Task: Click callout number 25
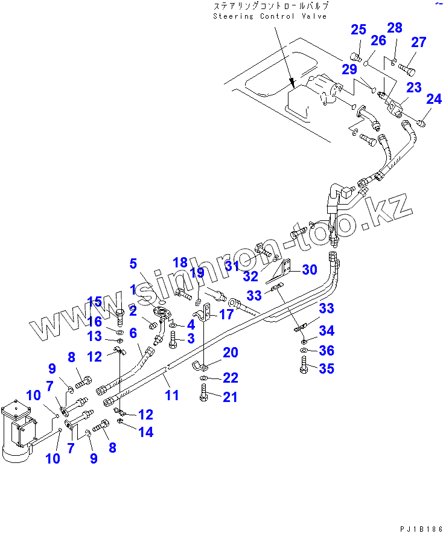(x=359, y=30)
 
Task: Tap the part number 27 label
(x=418, y=42)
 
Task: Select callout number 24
(x=434, y=98)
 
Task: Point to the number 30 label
(x=309, y=270)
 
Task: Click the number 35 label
(x=327, y=368)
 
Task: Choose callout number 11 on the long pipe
(x=172, y=395)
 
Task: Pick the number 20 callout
(x=231, y=353)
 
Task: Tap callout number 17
(x=226, y=314)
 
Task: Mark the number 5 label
(x=133, y=263)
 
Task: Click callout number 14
(x=145, y=432)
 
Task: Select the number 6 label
(x=133, y=332)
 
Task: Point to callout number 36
(x=327, y=351)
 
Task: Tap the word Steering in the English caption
(x=233, y=16)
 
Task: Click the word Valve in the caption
(x=314, y=16)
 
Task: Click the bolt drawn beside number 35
(x=304, y=366)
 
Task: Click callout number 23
(x=413, y=88)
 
